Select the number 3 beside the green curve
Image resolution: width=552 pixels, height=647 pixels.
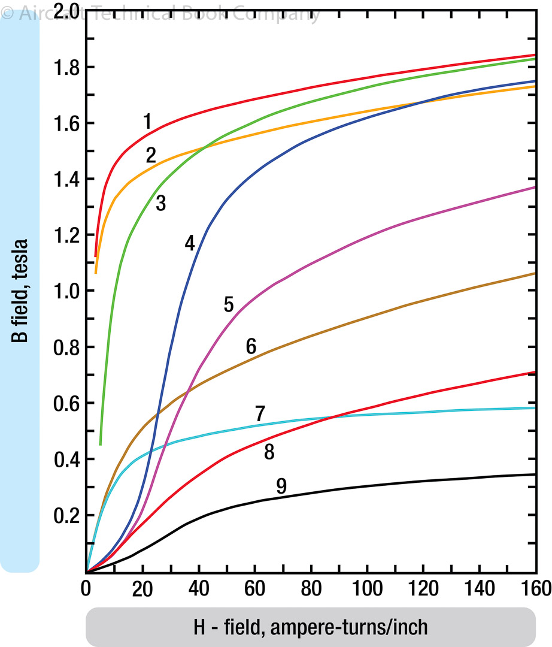point(160,203)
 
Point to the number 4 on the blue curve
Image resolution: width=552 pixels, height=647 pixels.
point(190,243)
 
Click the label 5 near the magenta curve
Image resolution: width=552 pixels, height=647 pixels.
point(229,304)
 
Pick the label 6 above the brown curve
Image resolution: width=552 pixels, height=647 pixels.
point(251,346)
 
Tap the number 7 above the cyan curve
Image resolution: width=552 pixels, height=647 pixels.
point(260,413)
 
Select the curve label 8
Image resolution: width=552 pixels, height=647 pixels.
point(269,452)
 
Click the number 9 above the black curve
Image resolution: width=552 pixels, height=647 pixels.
point(281,486)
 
